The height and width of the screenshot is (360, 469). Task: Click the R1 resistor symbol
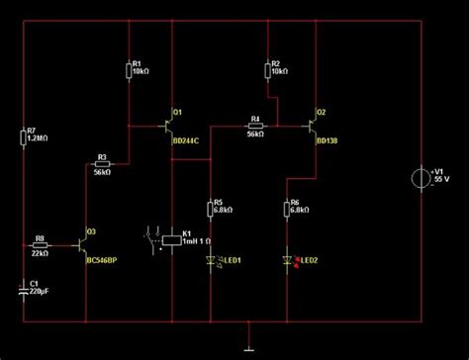[130, 69]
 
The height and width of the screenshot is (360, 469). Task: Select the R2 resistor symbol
[268, 68]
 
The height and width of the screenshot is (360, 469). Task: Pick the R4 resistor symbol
[254, 126]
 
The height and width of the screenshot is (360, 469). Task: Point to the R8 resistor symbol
[41, 244]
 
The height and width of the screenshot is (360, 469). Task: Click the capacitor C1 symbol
[23, 289]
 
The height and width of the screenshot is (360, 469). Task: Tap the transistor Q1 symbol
[166, 125]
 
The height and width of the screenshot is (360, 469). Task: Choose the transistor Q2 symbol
[311, 125]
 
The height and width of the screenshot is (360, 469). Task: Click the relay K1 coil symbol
[174, 239]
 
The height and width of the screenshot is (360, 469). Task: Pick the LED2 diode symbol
[287, 261]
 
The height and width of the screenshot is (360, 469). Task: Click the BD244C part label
[185, 140]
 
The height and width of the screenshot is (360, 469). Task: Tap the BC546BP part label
[101, 261]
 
